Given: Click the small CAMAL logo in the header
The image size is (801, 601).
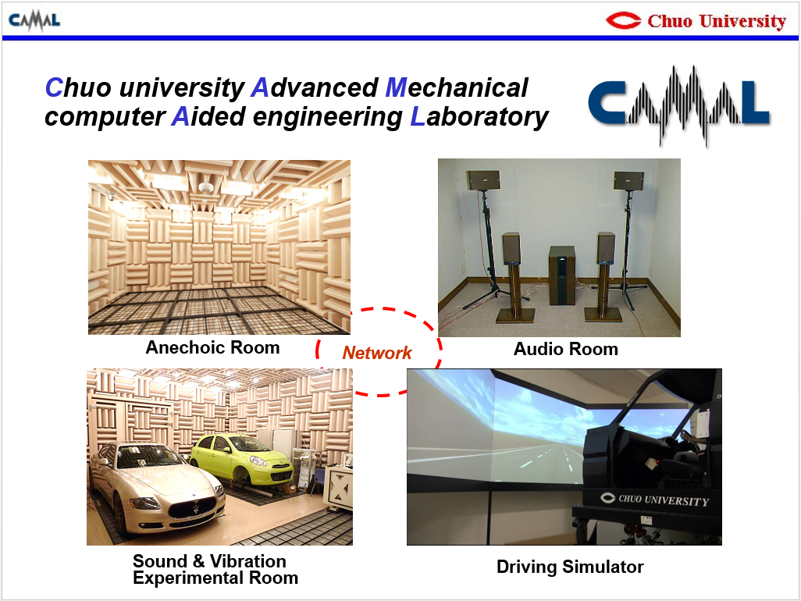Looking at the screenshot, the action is point(34,21).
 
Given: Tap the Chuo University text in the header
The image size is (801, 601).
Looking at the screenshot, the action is point(717,21).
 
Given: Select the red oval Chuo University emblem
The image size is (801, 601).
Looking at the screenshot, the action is point(623,20).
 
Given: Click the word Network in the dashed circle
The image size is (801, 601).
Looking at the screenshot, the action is point(377,352).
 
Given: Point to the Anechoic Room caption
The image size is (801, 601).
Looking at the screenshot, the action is point(212,347).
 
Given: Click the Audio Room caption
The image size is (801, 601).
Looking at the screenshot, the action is point(565,349).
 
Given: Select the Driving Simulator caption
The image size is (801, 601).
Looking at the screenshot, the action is point(570,567).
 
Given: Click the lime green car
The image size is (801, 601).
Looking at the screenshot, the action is point(242,460).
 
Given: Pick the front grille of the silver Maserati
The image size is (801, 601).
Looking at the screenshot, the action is point(192,508).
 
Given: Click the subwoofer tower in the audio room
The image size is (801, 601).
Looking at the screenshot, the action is point(561,276).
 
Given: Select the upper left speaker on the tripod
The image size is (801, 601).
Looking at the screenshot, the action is point(482,180).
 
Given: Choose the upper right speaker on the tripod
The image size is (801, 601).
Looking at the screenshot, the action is point(628,181).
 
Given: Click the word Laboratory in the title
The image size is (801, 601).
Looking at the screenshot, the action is point(479,116).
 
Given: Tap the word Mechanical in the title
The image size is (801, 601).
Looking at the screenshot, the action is point(457,87).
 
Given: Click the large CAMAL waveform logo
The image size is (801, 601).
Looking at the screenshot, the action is point(679,105).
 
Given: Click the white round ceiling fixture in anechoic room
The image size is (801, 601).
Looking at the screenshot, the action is point(205,187).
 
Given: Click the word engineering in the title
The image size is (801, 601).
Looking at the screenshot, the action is point(327,117).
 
